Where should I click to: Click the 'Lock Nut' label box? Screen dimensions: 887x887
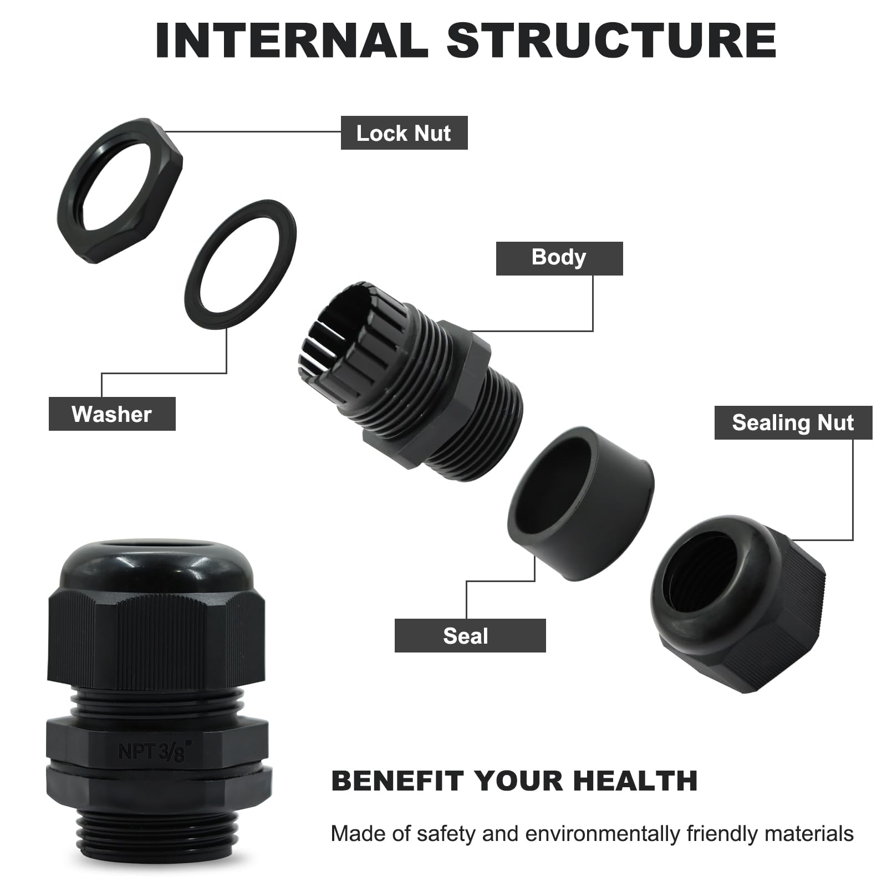pyautogui.click(x=404, y=133)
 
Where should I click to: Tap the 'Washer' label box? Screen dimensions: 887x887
pyautogui.click(x=112, y=414)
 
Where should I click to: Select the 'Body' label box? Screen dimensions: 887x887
pyautogui.click(x=559, y=258)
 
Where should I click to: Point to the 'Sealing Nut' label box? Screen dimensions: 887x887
pyautogui.click(x=793, y=423)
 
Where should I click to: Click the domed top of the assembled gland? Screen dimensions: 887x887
pyautogui.click(x=157, y=565)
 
